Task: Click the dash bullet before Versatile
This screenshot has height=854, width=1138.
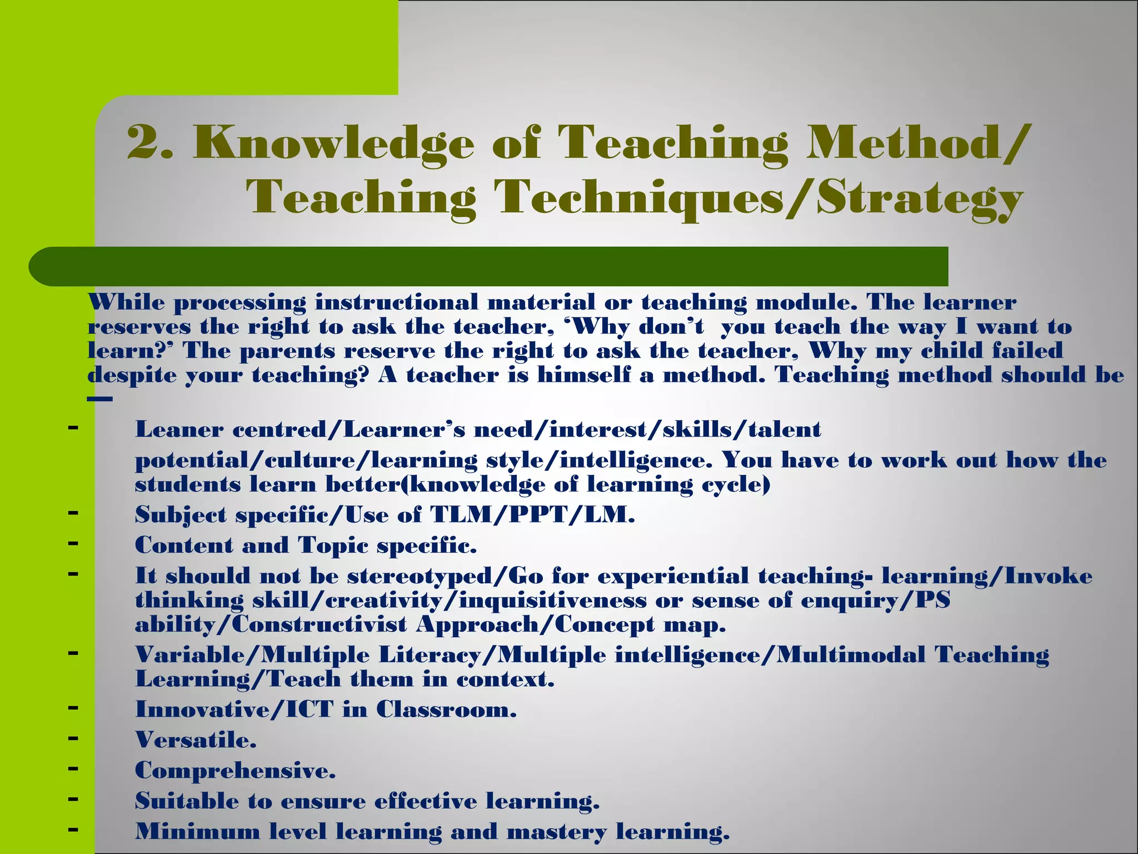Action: click(x=72, y=738)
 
